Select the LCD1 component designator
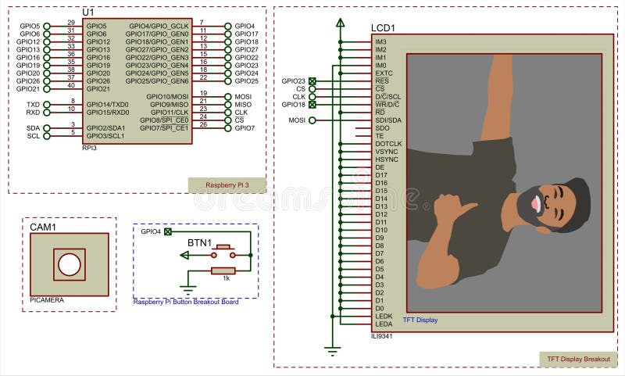coord(383,27)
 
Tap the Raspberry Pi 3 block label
coord(226,185)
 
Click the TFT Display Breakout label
coord(577,359)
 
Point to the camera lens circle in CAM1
coord(69,265)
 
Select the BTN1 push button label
coord(198,243)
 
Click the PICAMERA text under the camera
coord(47,300)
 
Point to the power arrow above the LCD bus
coord(340,23)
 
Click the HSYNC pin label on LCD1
coord(387,159)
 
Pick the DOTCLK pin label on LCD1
coord(388,144)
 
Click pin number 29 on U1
coord(71,23)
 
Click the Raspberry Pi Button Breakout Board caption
coord(185,302)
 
